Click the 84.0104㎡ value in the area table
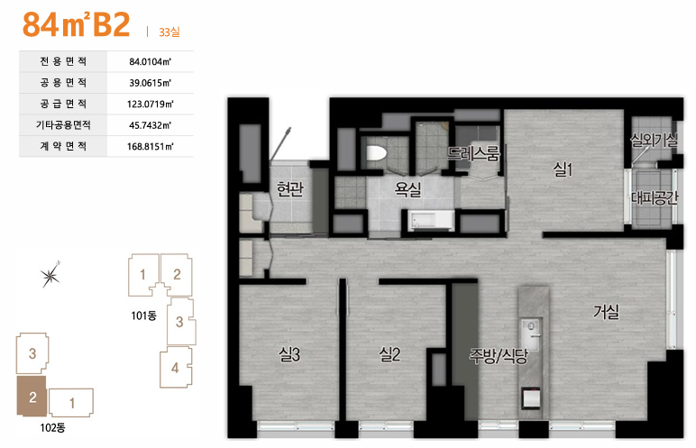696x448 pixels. pos(150,61)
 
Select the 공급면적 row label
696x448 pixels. pos(63,104)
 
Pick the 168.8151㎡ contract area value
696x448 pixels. pos(150,147)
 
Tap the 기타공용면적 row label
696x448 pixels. pos(63,125)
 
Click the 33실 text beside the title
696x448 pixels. pos(169,32)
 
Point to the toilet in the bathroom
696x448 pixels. pos(377,153)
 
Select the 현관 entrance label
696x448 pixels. pos(290,189)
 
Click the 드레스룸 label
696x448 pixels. pos(473,153)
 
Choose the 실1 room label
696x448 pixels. pos(563,169)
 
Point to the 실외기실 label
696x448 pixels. pos(654,141)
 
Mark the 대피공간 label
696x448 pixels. pos(655,197)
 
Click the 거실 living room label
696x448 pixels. pos(607,312)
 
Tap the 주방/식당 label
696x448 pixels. pos(499,355)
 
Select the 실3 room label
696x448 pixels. pos(289,354)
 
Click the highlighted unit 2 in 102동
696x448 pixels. pos(32,396)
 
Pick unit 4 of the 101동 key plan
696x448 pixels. pos(176,368)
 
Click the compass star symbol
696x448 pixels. pos(50,275)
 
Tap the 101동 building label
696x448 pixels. pos(144,315)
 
